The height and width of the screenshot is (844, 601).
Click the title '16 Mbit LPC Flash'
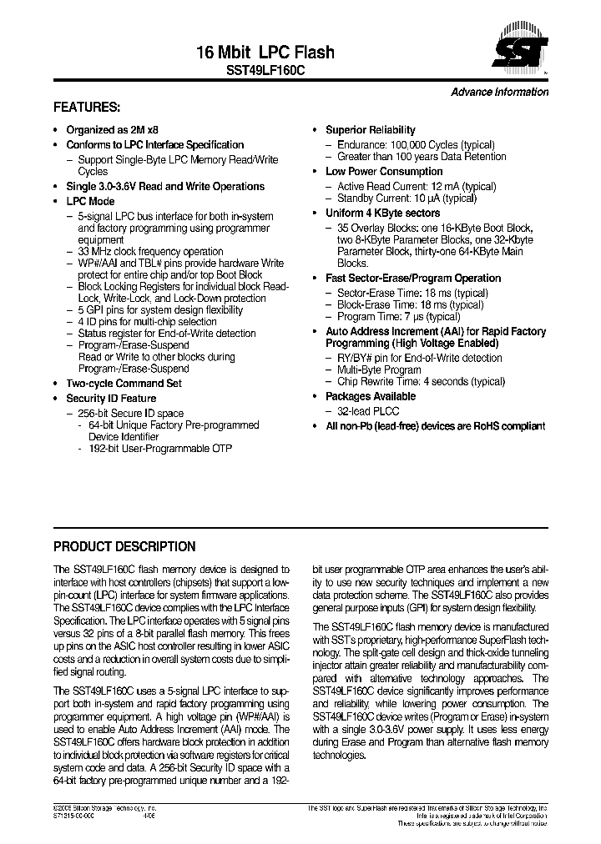pyautogui.click(x=265, y=53)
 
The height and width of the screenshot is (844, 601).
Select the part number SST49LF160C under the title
pyautogui.click(x=266, y=73)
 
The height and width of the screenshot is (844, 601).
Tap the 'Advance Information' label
pyautogui.click(x=499, y=92)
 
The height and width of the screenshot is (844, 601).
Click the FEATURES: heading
pyautogui.click(x=87, y=108)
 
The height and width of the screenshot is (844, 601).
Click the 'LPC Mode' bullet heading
pyautogui.click(x=90, y=201)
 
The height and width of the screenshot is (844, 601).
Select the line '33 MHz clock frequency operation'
pyautogui.click(x=150, y=251)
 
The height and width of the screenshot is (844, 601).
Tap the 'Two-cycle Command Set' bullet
pyautogui.click(x=124, y=384)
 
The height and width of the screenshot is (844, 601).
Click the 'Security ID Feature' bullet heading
pyautogui.click(x=111, y=399)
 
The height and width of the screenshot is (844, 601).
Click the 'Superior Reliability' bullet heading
pyautogui.click(x=370, y=130)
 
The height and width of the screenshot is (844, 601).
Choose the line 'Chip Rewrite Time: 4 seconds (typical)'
pyautogui.click(x=421, y=381)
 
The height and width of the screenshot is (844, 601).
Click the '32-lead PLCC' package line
pyautogui.click(x=368, y=411)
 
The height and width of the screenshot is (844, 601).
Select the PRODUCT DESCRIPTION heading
pyautogui.click(x=124, y=547)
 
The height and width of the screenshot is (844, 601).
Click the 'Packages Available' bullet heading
pyautogui.click(x=370, y=397)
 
